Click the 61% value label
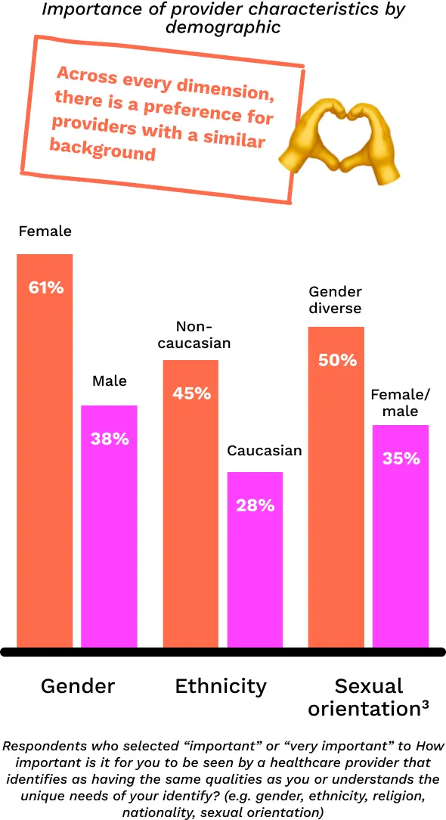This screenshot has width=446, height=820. pyautogui.click(x=45, y=287)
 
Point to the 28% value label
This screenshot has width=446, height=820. pyautogui.click(x=255, y=505)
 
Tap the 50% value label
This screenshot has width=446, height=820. pyautogui.click(x=336, y=360)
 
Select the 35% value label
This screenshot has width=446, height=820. pyautogui.click(x=401, y=458)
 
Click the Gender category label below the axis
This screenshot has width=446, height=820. pyautogui.click(x=78, y=686)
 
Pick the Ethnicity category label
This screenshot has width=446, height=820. pyautogui.click(x=221, y=686)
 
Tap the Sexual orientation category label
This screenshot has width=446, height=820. pyautogui.click(x=369, y=697)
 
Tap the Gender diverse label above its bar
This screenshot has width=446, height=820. pyautogui.click(x=335, y=300)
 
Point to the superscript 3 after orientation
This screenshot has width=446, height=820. pyautogui.click(x=425, y=704)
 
